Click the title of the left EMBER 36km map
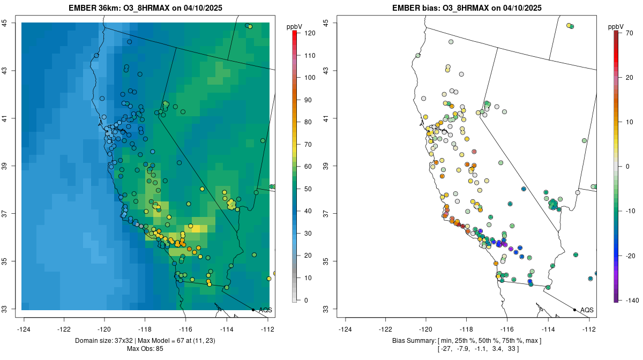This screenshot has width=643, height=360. point(146,8)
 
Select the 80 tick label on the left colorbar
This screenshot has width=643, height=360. point(308,122)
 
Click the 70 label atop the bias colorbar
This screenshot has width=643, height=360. point(630,33)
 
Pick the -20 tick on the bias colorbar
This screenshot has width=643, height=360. point(630,256)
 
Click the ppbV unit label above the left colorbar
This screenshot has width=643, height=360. point(295,26)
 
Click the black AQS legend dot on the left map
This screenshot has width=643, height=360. point(253,310)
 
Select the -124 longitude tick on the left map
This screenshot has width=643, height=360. point(24,329)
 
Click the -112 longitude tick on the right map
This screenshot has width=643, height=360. point(589,329)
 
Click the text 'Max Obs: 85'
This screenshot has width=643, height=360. point(145,349)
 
